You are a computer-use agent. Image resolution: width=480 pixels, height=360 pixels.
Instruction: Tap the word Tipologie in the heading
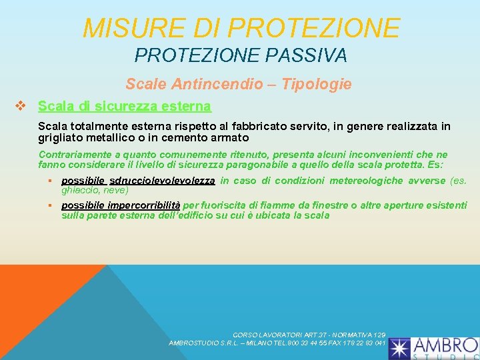tap(317, 85)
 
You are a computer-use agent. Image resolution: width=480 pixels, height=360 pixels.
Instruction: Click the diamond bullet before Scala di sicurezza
tap(20, 106)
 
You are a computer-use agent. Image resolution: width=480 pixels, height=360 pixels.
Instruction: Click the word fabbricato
tap(295, 126)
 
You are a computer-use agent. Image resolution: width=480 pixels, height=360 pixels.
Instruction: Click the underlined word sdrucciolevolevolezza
tap(162, 181)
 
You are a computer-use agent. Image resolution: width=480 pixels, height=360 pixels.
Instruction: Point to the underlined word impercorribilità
tap(144, 205)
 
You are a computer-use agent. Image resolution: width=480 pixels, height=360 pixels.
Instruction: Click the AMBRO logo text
tap(445, 345)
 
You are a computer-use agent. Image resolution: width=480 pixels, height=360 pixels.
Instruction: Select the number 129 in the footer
tap(379, 334)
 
